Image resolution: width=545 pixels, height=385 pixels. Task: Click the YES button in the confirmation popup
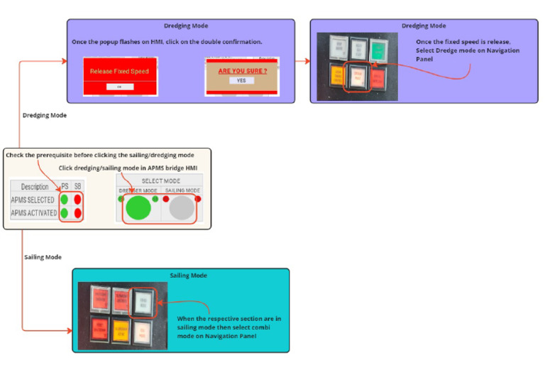point(242,81)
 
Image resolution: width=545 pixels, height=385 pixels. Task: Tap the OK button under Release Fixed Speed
point(119,86)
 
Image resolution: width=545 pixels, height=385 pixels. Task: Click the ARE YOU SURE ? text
point(242,71)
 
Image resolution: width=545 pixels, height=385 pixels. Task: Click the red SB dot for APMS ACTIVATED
point(77,212)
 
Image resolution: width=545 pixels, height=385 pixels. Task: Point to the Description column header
point(35,187)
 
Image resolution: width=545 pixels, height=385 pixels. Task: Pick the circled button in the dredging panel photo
point(357,79)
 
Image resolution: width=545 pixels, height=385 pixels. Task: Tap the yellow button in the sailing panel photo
point(121,329)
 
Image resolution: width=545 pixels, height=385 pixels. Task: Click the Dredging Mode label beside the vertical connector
point(45,115)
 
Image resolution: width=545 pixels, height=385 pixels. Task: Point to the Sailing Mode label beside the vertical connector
point(43,256)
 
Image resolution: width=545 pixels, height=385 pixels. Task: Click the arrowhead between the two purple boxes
point(307,61)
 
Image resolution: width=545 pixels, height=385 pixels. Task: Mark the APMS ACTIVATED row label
point(34,212)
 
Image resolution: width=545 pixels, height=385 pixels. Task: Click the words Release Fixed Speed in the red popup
point(119,72)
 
